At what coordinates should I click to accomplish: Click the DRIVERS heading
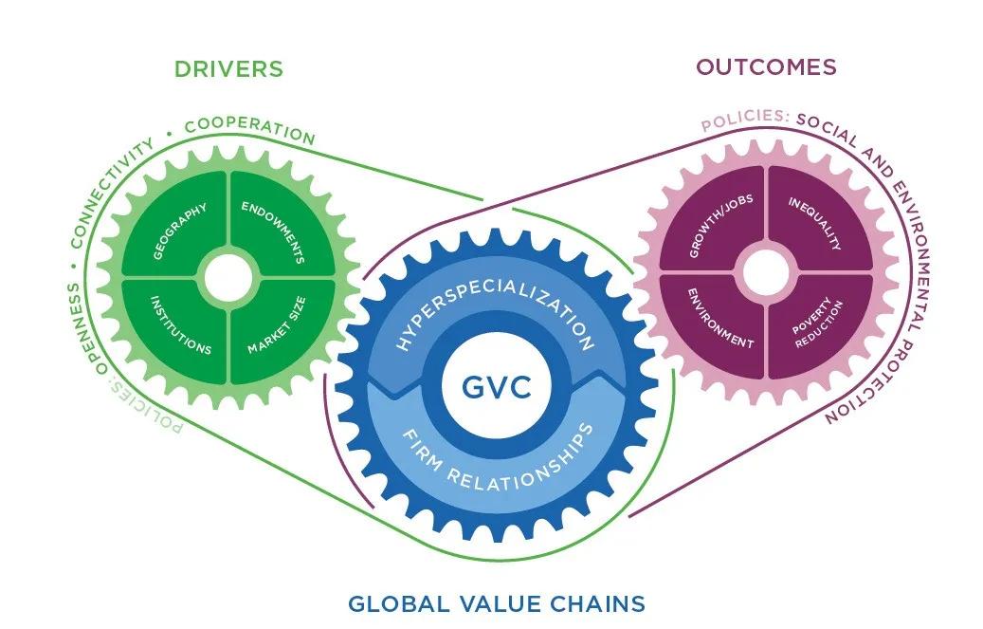pyautogui.click(x=228, y=68)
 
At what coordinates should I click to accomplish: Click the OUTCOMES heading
pyautogui.click(x=766, y=66)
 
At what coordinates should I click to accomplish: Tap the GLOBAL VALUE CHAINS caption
pyautogui.click(x=497, y=603)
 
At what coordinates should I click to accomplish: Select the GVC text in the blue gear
pyautogui.click(x=492, y=387)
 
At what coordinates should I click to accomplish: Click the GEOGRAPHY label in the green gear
pyautogui.click(x=179, y=231)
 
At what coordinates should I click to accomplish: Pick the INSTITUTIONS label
pyautogui.click(x=181, y=324)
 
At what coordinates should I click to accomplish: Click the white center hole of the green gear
pyautogui.click(x=228, y=277)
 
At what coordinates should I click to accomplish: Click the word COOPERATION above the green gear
pyautogui.click(x=249, y=130)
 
